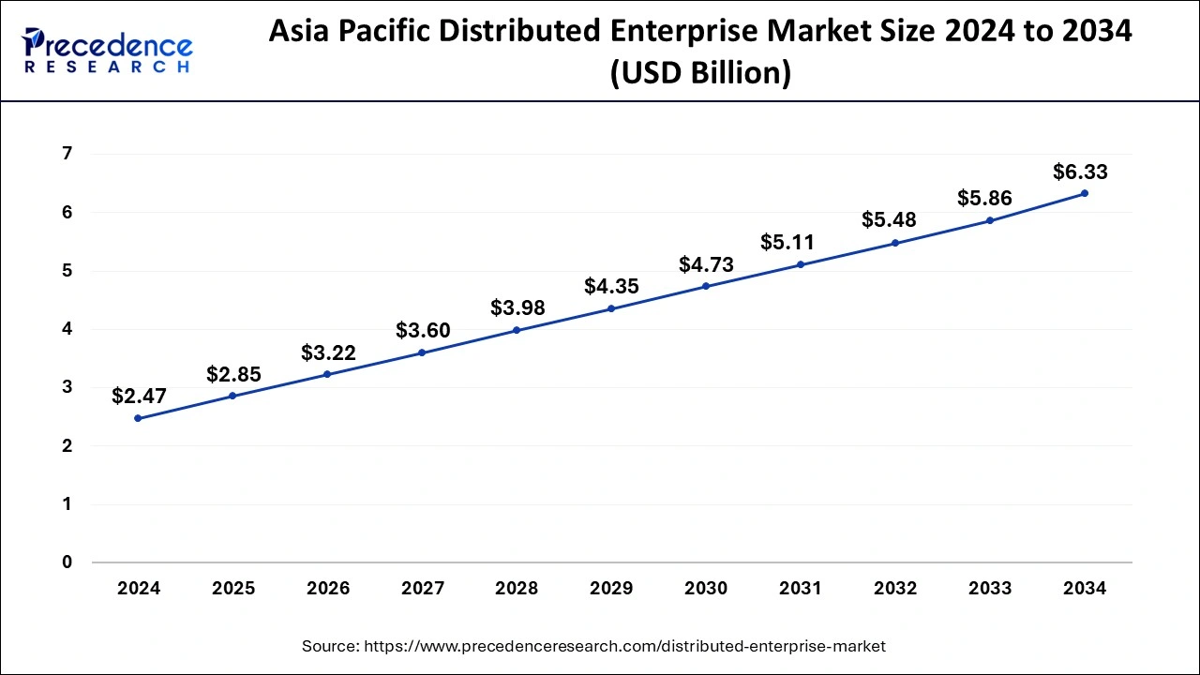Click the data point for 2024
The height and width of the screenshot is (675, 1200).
tap(138, 418)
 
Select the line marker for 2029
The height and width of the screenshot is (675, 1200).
tap(611, 308)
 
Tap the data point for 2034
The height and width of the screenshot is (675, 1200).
tap(1085, 193)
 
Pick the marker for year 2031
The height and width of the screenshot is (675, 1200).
tap(801, 264)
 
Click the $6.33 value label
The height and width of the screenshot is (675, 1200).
tap(1080, 172)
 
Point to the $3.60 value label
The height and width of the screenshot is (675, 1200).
tap(423, 330)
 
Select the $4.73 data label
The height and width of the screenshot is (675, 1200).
tap(706, 265)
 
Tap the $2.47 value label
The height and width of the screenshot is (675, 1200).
tap(139, 396)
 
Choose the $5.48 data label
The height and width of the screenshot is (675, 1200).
tap(889, 220)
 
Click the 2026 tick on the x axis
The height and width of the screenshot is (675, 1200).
tap(327, 589)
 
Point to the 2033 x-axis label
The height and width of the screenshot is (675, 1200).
tap(990, 589)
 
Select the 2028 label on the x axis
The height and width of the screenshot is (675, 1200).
tap(517, 589)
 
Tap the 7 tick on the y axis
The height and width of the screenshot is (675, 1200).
tap(67, 154)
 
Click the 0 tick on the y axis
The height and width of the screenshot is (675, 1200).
tap(67, 562)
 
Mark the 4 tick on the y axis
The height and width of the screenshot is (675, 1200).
tap(67, 329)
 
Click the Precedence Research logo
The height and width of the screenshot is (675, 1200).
tap(108, 51)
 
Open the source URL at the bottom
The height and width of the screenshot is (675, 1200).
tap(593, 646)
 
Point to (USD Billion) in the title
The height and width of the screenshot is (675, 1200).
tap(700, 72)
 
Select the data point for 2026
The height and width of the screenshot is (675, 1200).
tap(327, 374)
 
